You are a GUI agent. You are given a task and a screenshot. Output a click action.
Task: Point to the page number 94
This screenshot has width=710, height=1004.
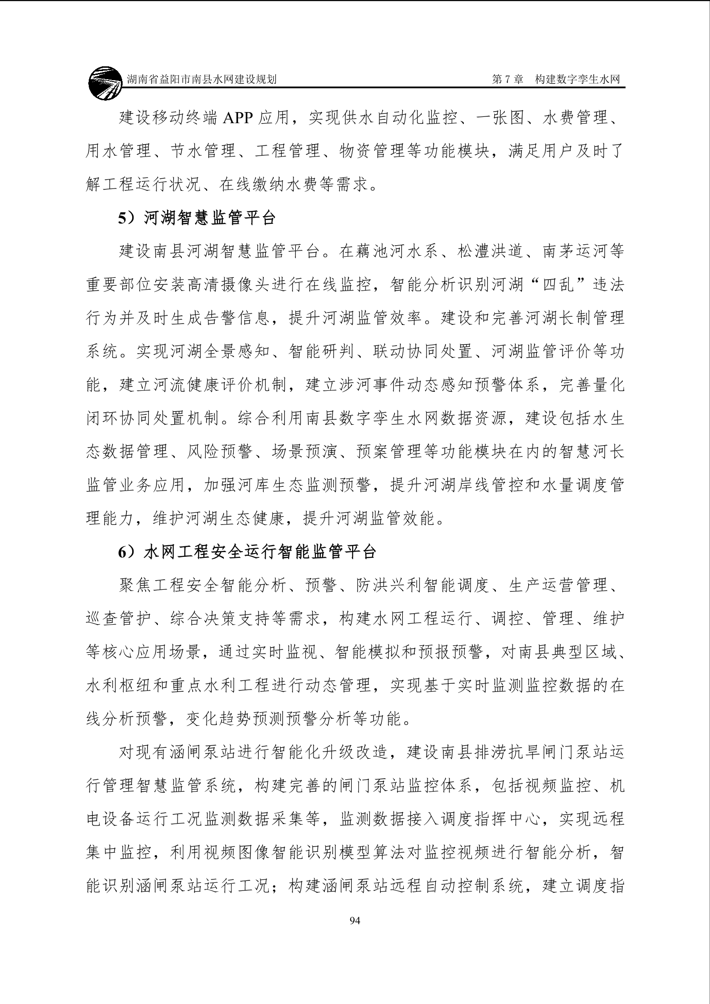click(x=355, y=920)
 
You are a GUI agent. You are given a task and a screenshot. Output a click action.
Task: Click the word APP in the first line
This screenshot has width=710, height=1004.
click(x=238, y=118)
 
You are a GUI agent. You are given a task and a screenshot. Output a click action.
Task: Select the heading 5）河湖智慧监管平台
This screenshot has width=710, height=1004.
click(x=197, y=218)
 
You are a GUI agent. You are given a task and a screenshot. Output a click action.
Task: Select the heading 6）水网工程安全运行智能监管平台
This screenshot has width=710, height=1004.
click(x=247, y=552)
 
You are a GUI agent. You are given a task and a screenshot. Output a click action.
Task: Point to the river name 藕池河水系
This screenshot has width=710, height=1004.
click(x=396, y=251)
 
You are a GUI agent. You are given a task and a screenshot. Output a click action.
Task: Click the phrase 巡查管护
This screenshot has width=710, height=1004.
click(x=119, y=619)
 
